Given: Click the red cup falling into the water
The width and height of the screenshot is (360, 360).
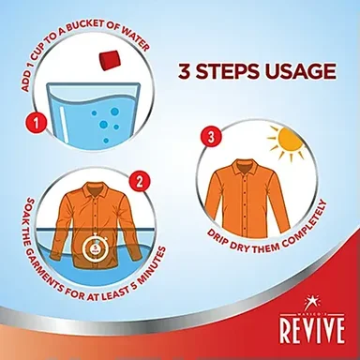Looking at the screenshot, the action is tap(110, 60).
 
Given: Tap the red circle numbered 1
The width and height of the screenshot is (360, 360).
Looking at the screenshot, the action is tap(37, 123).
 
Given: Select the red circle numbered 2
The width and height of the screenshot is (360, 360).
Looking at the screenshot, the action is tap(140, 182).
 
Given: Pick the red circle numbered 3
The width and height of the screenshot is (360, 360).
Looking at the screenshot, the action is tap(211, 138).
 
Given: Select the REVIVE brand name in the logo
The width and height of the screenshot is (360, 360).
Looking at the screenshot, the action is tap(312, 329).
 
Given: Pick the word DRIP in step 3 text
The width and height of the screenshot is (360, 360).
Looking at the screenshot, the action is tap(217, 237).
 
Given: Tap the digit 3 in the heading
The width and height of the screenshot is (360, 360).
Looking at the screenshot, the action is tap(184, 71).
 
